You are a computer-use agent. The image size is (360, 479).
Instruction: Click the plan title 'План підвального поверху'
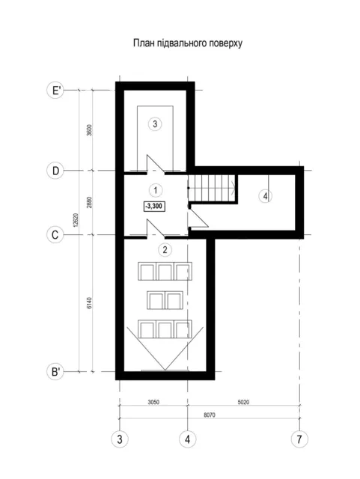[188, 43]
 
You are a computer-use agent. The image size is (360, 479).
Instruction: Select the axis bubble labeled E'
[55, 90]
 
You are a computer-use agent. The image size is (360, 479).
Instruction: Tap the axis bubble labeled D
[55, 171]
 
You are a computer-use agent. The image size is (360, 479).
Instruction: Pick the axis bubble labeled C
[55, 235]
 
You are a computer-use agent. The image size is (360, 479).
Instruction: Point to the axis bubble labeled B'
[55, 372]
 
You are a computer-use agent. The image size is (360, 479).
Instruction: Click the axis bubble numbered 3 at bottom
[120, 439]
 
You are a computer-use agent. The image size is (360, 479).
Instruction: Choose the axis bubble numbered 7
[299, 439]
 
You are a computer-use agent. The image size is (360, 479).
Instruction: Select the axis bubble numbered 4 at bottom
[187, 439]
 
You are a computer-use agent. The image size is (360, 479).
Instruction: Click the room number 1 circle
[156, 190]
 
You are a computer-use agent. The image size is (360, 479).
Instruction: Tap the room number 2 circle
[165, 250]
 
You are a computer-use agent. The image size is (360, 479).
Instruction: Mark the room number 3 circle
[155, 124]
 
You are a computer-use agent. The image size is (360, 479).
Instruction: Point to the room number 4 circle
[265, 196]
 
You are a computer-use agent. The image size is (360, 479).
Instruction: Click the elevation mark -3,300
[153, 207]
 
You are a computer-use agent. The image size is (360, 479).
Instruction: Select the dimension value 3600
[89, 130]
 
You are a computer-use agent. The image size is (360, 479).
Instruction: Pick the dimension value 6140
[89, 303]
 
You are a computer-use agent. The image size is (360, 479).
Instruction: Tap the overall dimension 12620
[76, 219]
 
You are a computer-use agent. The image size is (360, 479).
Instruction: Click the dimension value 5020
[243, 402]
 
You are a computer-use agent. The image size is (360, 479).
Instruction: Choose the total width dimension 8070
[210, 415]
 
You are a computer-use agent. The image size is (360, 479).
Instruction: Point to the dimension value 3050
[153, 402]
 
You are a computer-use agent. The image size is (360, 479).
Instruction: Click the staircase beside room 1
[212, 188]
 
